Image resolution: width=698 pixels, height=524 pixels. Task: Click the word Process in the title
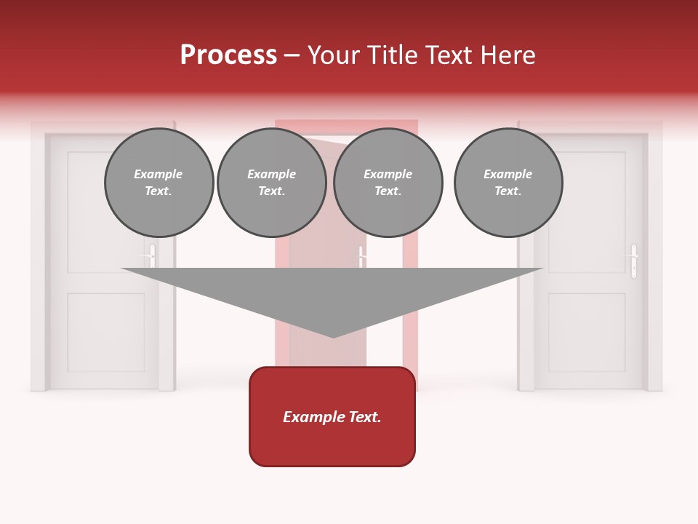[x=228, y=55]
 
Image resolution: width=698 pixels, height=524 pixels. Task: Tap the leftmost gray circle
[x=159, y=183]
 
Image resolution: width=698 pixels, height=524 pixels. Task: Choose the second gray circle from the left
[x=271, y=183]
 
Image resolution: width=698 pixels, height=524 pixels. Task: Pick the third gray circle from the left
[x=388, y=183]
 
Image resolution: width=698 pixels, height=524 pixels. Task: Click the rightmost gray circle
[x=508, y=183]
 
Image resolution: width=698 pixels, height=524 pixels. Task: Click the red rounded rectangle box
[x=332, y=416]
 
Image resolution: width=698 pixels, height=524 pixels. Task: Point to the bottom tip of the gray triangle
[x=333, y=336]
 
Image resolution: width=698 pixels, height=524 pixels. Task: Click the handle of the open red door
[x=361, y=256]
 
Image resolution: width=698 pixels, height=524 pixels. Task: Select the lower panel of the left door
[x=105, y=331]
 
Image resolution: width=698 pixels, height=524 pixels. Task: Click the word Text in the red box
[x=364, y=417]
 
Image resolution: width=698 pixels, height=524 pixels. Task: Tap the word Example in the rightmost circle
[x=508, y=174]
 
